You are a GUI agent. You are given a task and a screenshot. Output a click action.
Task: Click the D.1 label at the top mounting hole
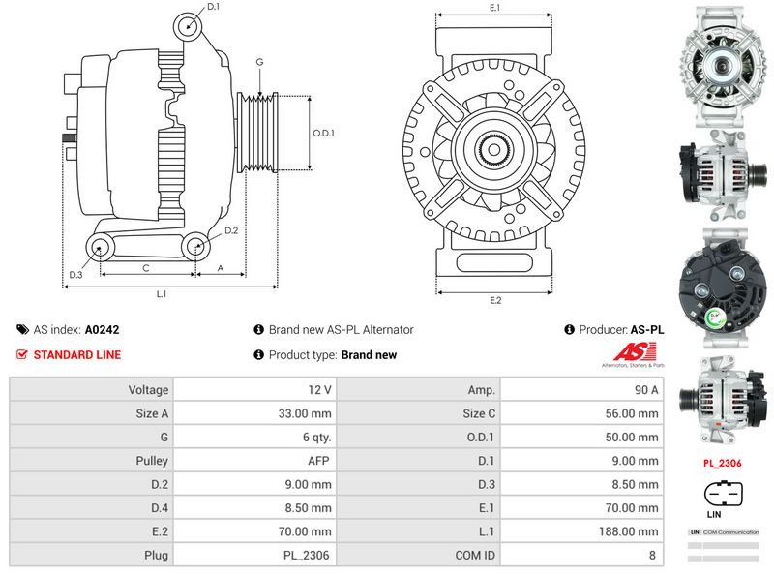214,7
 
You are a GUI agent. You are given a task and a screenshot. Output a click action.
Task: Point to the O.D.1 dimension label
323,134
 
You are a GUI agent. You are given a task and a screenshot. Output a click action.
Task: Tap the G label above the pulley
259,62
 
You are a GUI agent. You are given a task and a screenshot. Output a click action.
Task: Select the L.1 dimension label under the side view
163,292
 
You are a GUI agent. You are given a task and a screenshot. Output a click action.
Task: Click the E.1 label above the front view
494,8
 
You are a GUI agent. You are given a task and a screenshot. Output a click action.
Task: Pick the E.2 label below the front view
495,300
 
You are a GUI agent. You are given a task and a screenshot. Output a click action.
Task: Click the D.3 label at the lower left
75,275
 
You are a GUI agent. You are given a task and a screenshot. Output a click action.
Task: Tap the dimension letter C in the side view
145,267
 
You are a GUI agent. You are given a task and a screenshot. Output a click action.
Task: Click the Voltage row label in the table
148,389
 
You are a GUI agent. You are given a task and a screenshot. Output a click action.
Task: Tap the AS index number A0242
103,330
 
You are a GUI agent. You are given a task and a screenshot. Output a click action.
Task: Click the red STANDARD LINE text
77,355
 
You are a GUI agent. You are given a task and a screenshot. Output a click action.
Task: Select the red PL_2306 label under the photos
722,463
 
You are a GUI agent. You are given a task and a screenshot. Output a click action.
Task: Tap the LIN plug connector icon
722,493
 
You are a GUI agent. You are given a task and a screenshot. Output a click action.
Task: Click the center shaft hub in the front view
494,149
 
